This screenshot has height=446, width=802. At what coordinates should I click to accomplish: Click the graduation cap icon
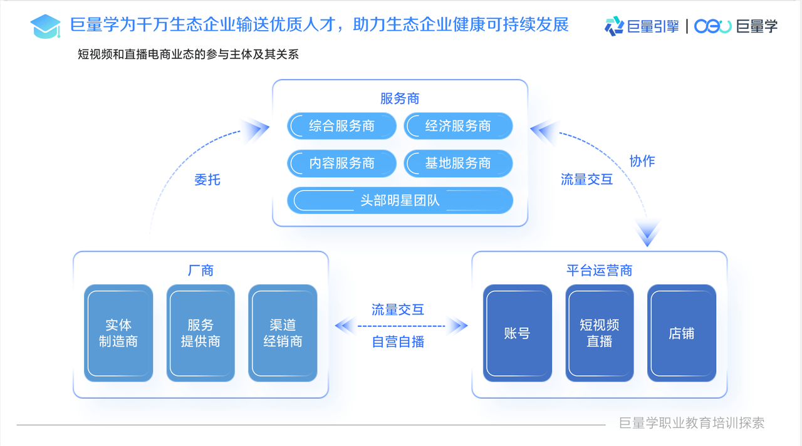(x=45, y=26)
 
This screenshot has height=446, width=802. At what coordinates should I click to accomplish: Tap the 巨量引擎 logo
(x=642, y=26)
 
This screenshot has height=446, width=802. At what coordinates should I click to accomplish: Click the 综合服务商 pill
(x=341, y=126)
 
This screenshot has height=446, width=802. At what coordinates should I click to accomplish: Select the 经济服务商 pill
(x=458, y=126)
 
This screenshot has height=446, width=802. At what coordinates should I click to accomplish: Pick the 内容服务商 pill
(x=341, y=163)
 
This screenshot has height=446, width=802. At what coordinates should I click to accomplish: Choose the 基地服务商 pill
(x=458, y=163)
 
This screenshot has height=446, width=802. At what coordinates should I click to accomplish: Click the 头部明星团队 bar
(x=400, y=200)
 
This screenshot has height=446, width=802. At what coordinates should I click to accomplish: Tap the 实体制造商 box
(x=118, y=333)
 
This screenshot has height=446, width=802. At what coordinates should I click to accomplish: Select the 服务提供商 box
(x=200, y=333)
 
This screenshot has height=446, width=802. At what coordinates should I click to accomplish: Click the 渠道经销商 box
(x=283, y=333)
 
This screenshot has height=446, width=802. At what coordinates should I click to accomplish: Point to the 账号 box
(x=517, y=333)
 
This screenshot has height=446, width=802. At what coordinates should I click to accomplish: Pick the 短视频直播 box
(x=600, y=333)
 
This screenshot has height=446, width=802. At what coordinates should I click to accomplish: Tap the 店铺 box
(x=681, y=333)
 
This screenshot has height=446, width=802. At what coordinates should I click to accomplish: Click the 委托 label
(x=207, y=180)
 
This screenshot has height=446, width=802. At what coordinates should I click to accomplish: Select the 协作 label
(x=642, y=161)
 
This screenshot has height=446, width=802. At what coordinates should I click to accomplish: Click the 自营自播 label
(x=398, y=342)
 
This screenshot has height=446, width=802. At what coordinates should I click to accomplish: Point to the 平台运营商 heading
(x=600, y=271)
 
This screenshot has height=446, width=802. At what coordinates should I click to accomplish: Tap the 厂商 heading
(x=201, y=271)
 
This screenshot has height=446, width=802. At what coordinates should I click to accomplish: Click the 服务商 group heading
(x=400, y=98)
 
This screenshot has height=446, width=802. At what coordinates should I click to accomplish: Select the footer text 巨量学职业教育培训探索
(x=692, y=423)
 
